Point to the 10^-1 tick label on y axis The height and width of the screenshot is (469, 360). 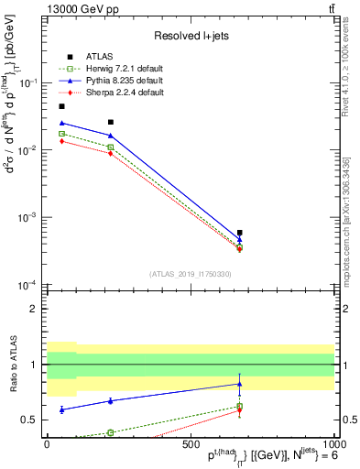(27, 82)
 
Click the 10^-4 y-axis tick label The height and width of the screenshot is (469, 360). (27, 285)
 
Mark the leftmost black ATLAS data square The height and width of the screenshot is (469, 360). (61, 106)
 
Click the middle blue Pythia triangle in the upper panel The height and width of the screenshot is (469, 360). (110, 136)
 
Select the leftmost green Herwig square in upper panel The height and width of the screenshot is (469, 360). (61, 134)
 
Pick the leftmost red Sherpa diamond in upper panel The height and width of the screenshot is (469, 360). (61, 141)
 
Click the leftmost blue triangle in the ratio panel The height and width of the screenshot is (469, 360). (61, 409)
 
